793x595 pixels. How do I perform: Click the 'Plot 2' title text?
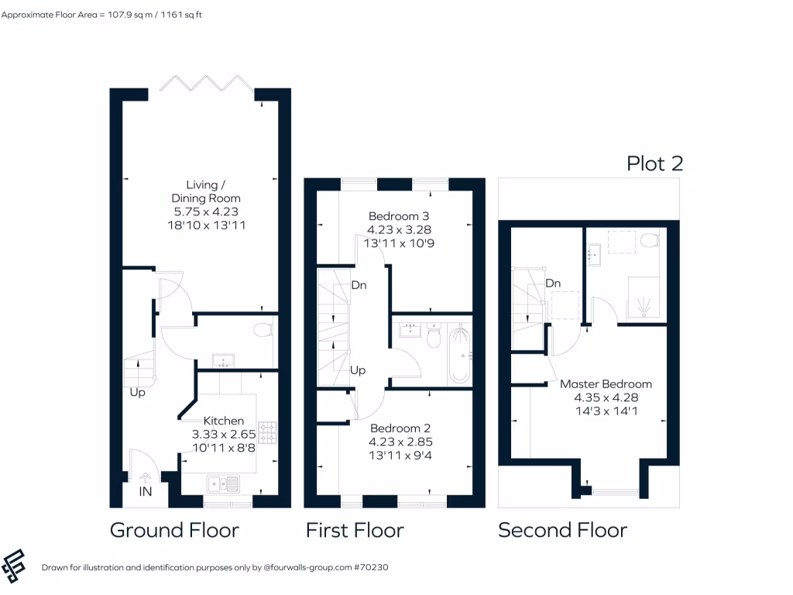click(654, 163)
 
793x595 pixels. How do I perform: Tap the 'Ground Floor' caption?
click(174, 530)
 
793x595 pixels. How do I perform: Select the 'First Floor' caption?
click(355, 530)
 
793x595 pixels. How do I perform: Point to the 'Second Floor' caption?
click(562, 530)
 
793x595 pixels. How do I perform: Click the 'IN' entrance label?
click(146, 492)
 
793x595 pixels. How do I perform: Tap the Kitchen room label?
click(224, 421)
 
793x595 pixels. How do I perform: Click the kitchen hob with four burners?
click(268, 433)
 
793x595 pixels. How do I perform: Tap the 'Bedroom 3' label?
click(399, 216)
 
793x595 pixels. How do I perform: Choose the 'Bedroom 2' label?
click(400, 428)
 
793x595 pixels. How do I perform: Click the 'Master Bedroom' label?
click(606, 383)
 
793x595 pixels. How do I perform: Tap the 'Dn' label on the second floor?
click(553, 284)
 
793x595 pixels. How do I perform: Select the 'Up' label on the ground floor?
click(137, 392)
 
